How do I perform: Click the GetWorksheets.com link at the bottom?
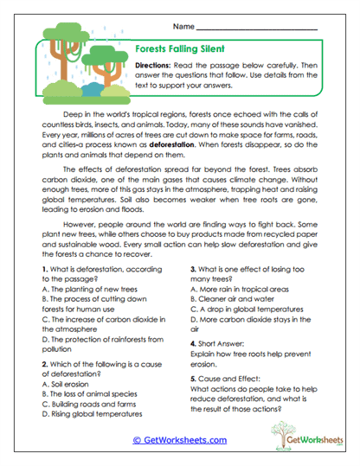(x=179, y=439)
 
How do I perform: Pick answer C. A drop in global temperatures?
(x=250, y=317)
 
